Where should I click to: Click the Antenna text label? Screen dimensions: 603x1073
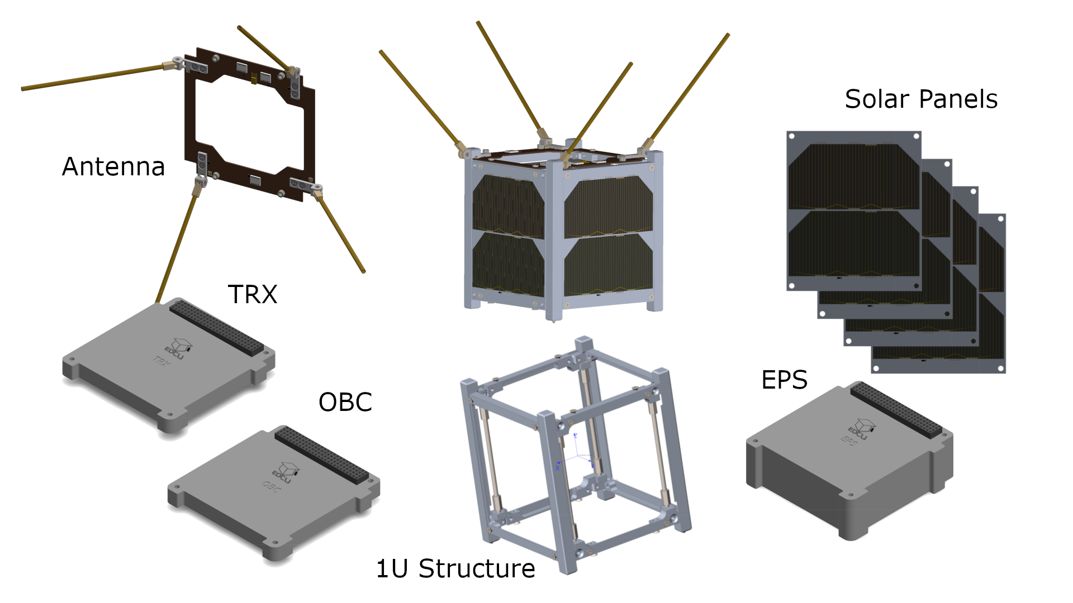click(x=113, y=166)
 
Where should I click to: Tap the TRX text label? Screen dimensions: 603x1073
click(x=253, y=294)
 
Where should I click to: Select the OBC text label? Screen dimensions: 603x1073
click(x=345, y=402)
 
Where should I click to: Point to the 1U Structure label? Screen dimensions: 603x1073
click(x=455, y=568)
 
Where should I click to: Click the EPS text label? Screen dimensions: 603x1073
click(x=784, y=380)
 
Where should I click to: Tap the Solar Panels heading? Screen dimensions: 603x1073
click(x=920, y=99)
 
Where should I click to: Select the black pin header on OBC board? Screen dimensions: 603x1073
click(x=321, y=456)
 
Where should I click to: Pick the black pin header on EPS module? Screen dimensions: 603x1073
click(x=896, y=410)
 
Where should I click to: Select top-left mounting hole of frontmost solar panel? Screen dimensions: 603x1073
click(x=792, y=136)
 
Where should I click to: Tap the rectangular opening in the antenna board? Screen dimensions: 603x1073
click(x=249, y=126)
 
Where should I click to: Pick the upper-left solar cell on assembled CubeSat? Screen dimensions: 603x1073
click(x=507, y=207)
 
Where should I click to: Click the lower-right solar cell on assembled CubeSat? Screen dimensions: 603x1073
click(x=608, y=265)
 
